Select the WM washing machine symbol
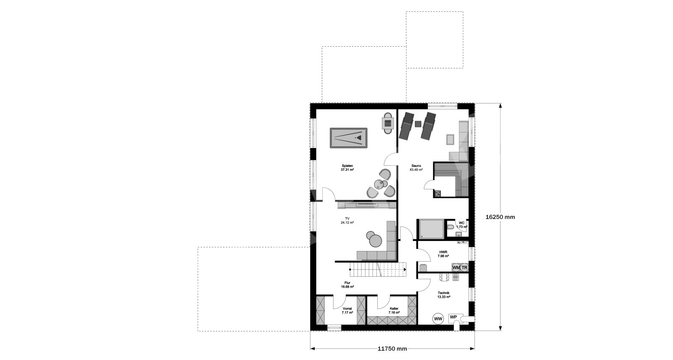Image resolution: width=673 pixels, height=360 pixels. pyautogui.click(x=456, y=267)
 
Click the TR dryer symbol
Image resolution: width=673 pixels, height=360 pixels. pyautogui.click(x=464, y=267)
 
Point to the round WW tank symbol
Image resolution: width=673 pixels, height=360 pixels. pyautogui.click(x=438, y=318)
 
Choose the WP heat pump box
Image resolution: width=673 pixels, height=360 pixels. pyautogui.click(x=453, y=318)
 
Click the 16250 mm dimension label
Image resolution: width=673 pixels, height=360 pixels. pyautogui.click(x=500, y=217)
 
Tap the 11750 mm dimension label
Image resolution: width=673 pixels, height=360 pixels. pyautogui.click(x=392, y=349)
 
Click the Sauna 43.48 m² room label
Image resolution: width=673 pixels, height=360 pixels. pyautogui.click(x=416, y=168)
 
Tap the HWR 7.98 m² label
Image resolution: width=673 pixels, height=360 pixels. pyautogui.click(x=443, y=254)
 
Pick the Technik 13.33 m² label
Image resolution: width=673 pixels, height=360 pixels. pyautogui.click(x=443, y=295)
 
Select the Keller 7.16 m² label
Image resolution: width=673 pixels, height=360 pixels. pyautogui.click(x=394, y=310)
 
